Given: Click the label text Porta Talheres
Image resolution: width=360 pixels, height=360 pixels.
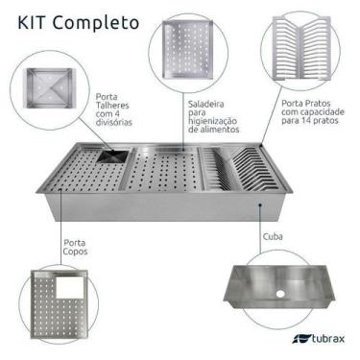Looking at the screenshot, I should [115, 104].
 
